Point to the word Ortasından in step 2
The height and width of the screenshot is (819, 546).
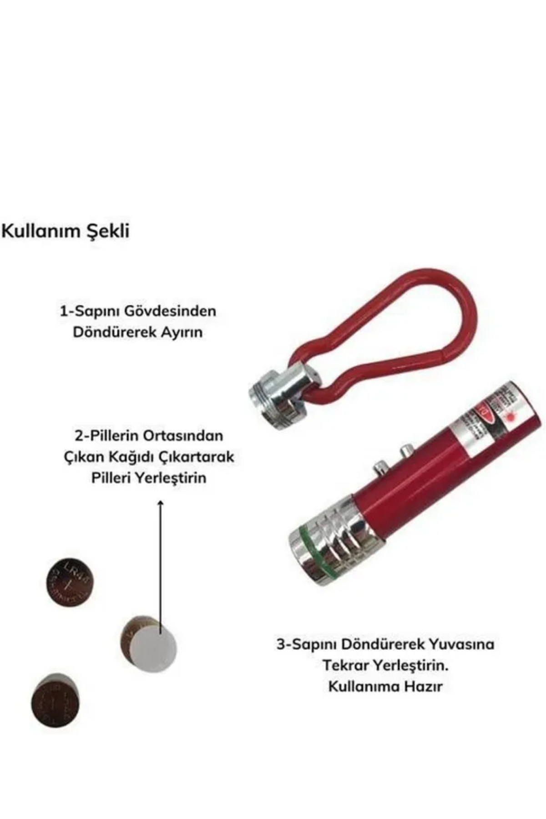pos(183,435)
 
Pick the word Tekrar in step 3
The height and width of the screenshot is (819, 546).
pos(346,665)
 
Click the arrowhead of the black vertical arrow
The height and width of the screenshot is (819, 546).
pos(160,502)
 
